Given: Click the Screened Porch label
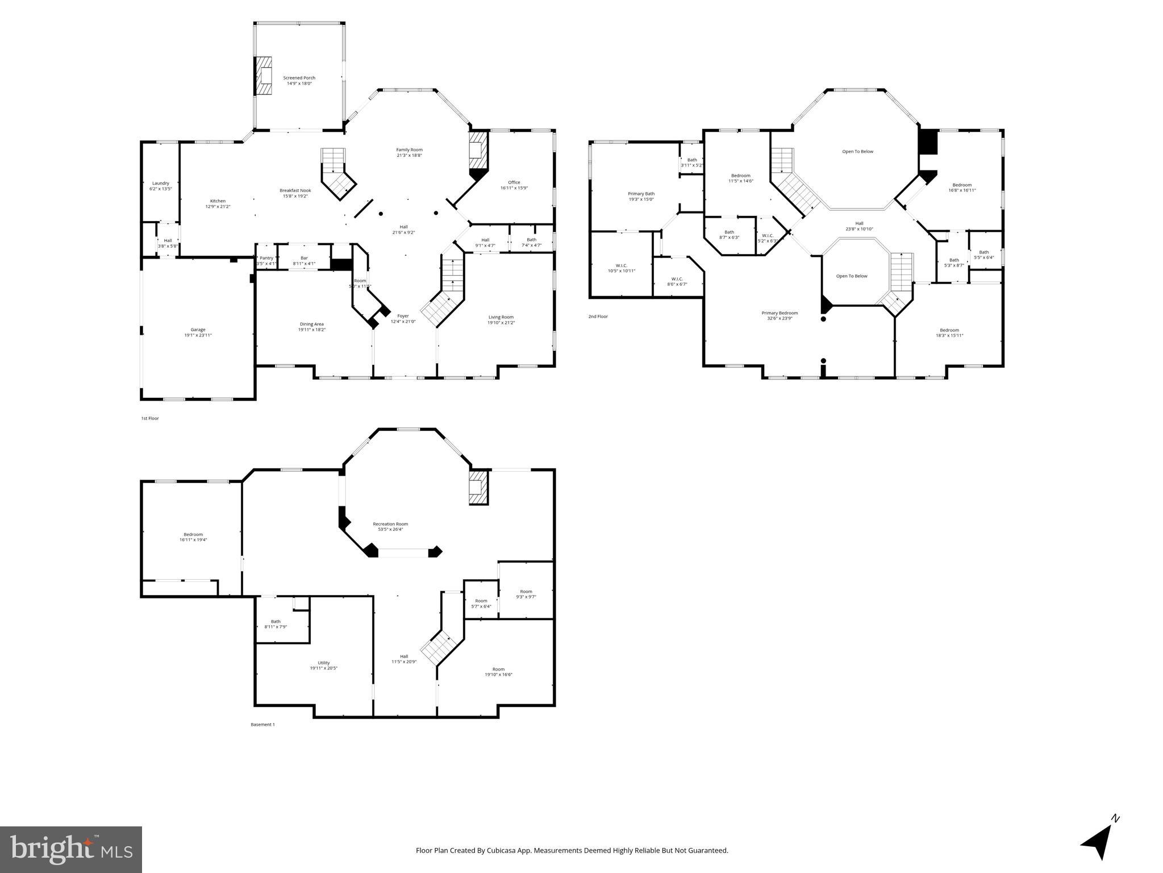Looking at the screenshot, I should click(299, 78).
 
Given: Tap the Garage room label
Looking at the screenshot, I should click(198, 330).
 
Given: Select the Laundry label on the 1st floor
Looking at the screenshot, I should click(160, 183).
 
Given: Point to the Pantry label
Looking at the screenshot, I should click(266, 258).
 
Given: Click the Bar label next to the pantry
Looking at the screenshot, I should click(304, 258).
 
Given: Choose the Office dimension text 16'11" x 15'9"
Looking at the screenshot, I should click(514, 188).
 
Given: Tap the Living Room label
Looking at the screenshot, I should click(501, 317).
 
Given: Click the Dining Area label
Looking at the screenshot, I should click(311, 324).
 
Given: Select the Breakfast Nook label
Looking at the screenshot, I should click(295, 190).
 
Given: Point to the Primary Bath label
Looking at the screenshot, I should click(641, 194).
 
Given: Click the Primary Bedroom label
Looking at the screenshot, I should click(779, 313).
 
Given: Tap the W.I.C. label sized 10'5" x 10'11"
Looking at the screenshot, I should click(622, 265).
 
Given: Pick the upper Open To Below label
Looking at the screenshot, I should click(857, 152).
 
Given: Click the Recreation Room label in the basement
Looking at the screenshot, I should click(390, 524).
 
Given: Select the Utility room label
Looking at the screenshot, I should click(324, 663).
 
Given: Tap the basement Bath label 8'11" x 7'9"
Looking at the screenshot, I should click(276, 621).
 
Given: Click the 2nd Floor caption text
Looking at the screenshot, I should click(598, 317).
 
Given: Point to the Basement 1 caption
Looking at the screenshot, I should click(262, 725).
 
